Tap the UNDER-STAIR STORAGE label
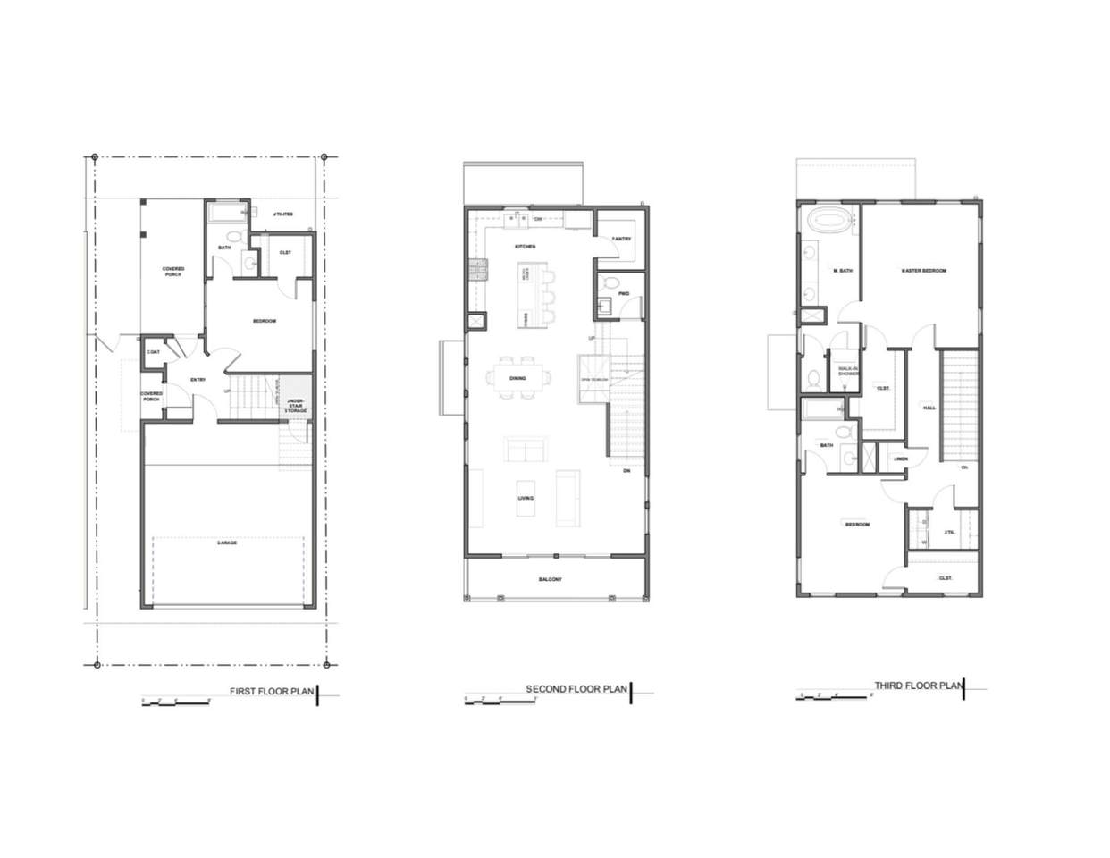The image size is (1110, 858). pos(296,406)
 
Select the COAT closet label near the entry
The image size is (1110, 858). pos(153,352)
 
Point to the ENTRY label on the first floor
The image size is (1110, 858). pos(198,380)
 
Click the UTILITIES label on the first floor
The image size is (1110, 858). pos(282,214)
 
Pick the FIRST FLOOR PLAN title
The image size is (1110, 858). pos(272,691)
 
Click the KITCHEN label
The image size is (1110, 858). pos(525,246)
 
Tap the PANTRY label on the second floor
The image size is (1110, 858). pos(622,239)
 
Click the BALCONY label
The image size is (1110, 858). pos(551,580)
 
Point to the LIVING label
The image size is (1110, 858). pos(526,498)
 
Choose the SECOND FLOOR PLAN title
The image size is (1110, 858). pos(576,689)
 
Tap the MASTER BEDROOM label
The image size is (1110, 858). pos(923,270)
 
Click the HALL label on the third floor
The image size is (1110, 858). pos(929,408)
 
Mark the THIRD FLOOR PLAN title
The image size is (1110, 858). pos(917,686)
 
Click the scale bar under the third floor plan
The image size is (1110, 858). pos(832,696)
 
